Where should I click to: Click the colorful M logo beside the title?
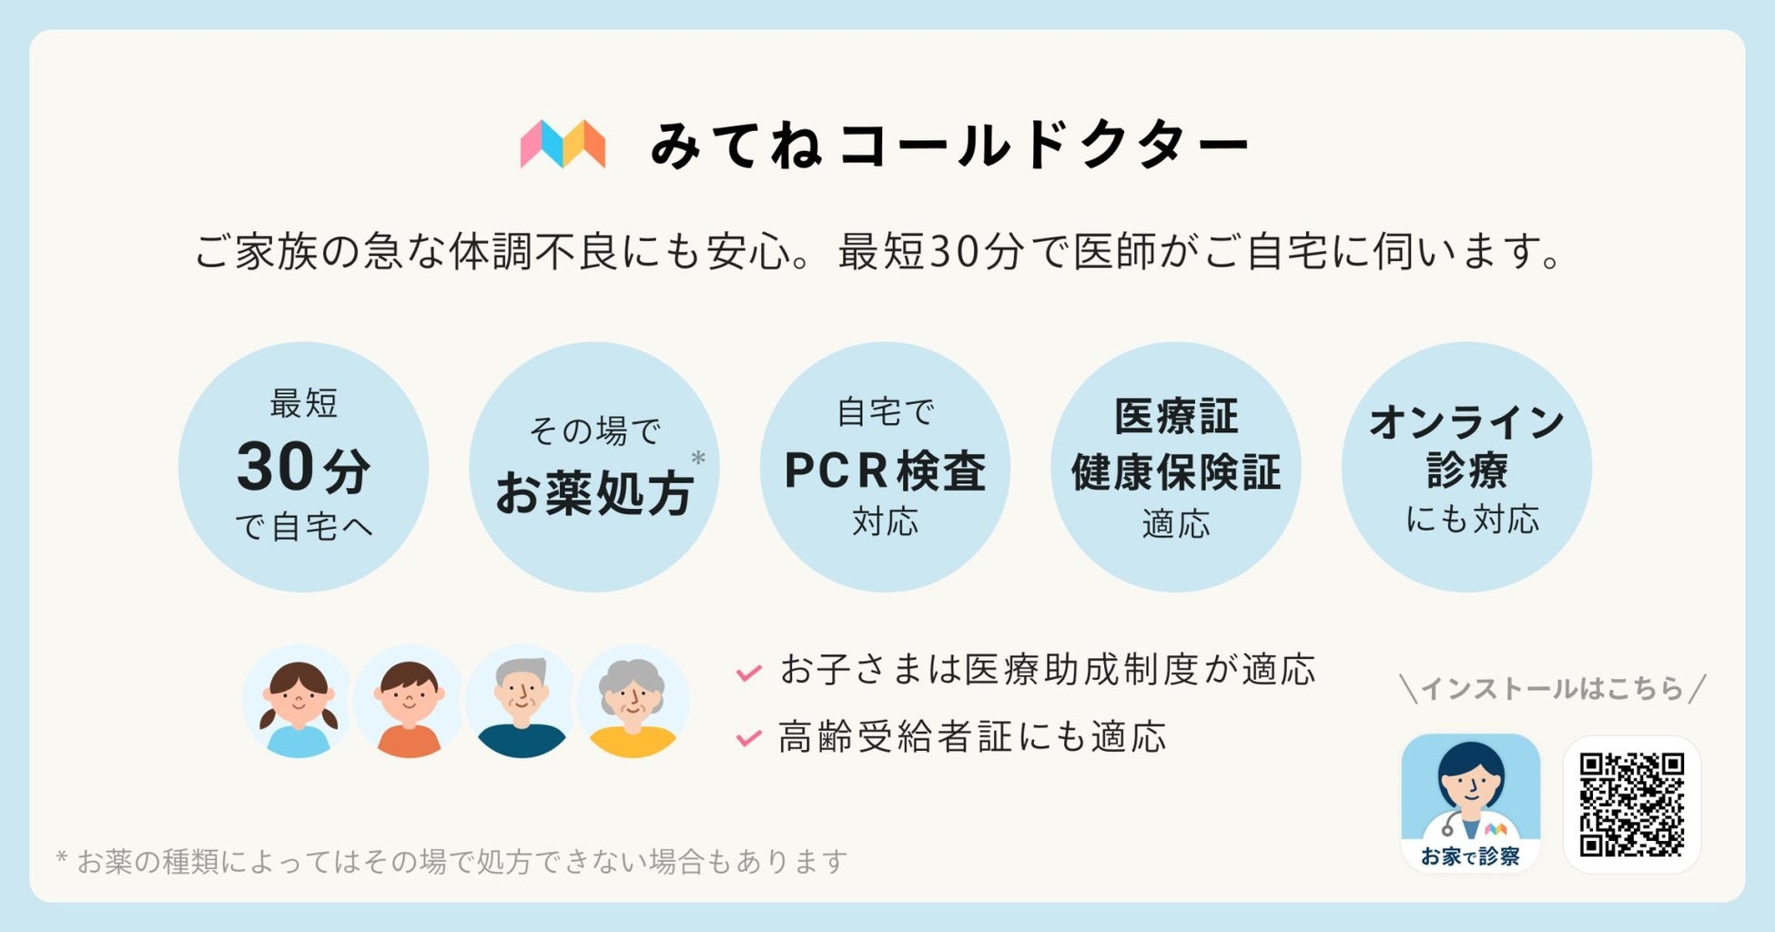pos(563,144)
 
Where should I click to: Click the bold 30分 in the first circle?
pos(303,468)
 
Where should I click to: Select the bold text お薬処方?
pos(593,493)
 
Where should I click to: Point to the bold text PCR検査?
pos(885,471)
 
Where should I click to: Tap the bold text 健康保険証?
pos(1175,472)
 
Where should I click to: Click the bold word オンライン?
pos(1466,422)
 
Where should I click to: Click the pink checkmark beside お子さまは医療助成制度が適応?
pos(748,673)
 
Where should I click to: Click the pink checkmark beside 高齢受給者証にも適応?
pos(748,737)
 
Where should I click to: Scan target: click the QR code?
pos(1631,805)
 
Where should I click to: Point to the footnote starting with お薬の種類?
pos(452,861)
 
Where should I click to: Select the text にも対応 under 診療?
pos(1472,520)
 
